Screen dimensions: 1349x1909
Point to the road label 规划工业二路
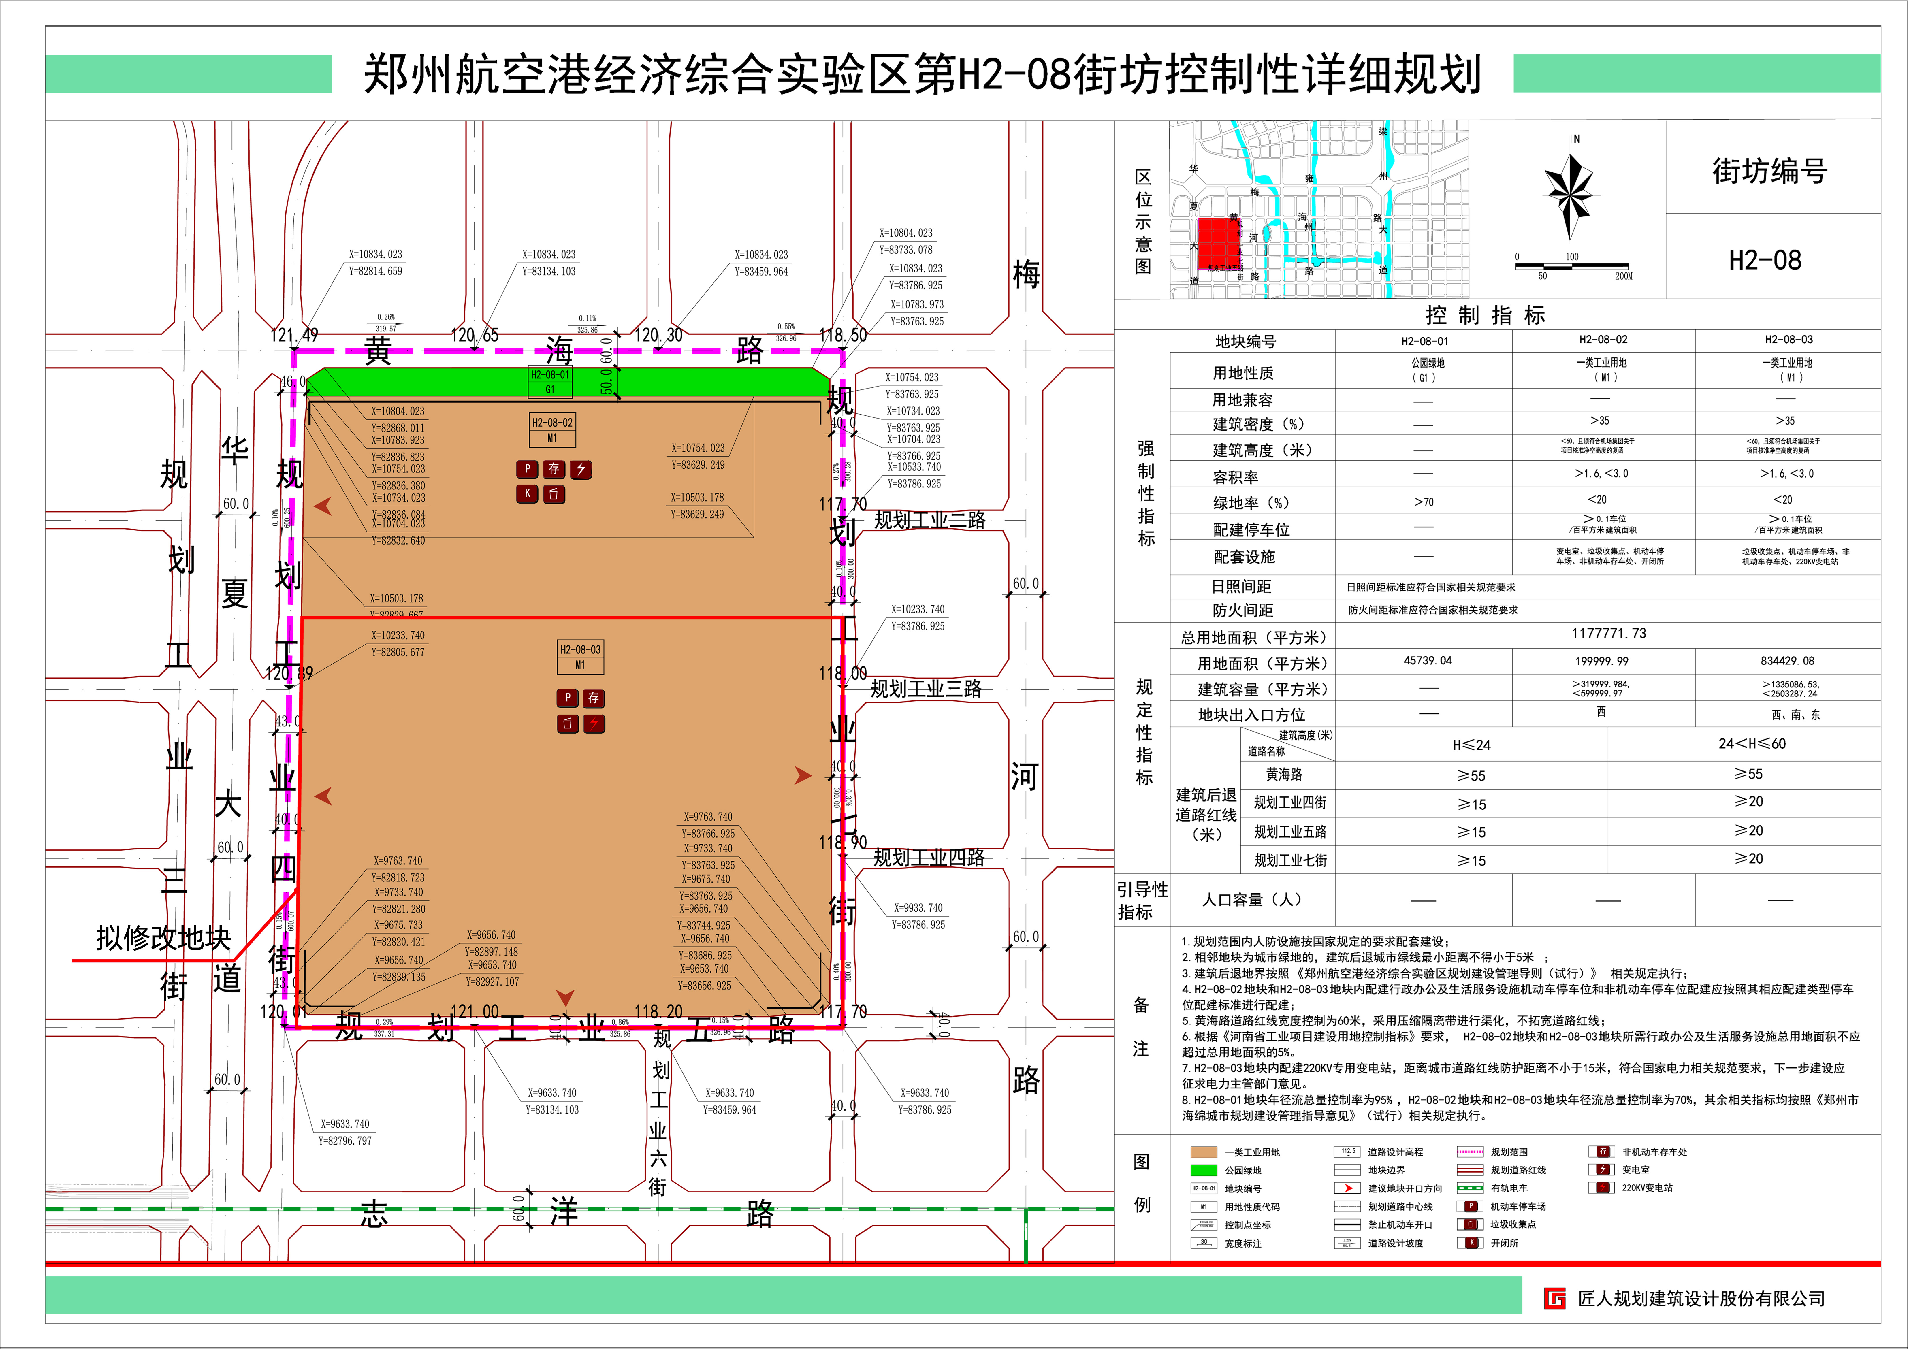(x=929, y=520)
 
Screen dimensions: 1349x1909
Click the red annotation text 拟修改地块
(x=163, y=938)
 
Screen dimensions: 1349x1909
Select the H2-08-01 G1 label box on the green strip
(x=549, y=382)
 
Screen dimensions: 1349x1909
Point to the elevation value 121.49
(x=294, y=335)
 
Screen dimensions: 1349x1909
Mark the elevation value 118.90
(x=843, y=842)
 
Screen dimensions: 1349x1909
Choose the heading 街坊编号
(x=1769, y=171)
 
